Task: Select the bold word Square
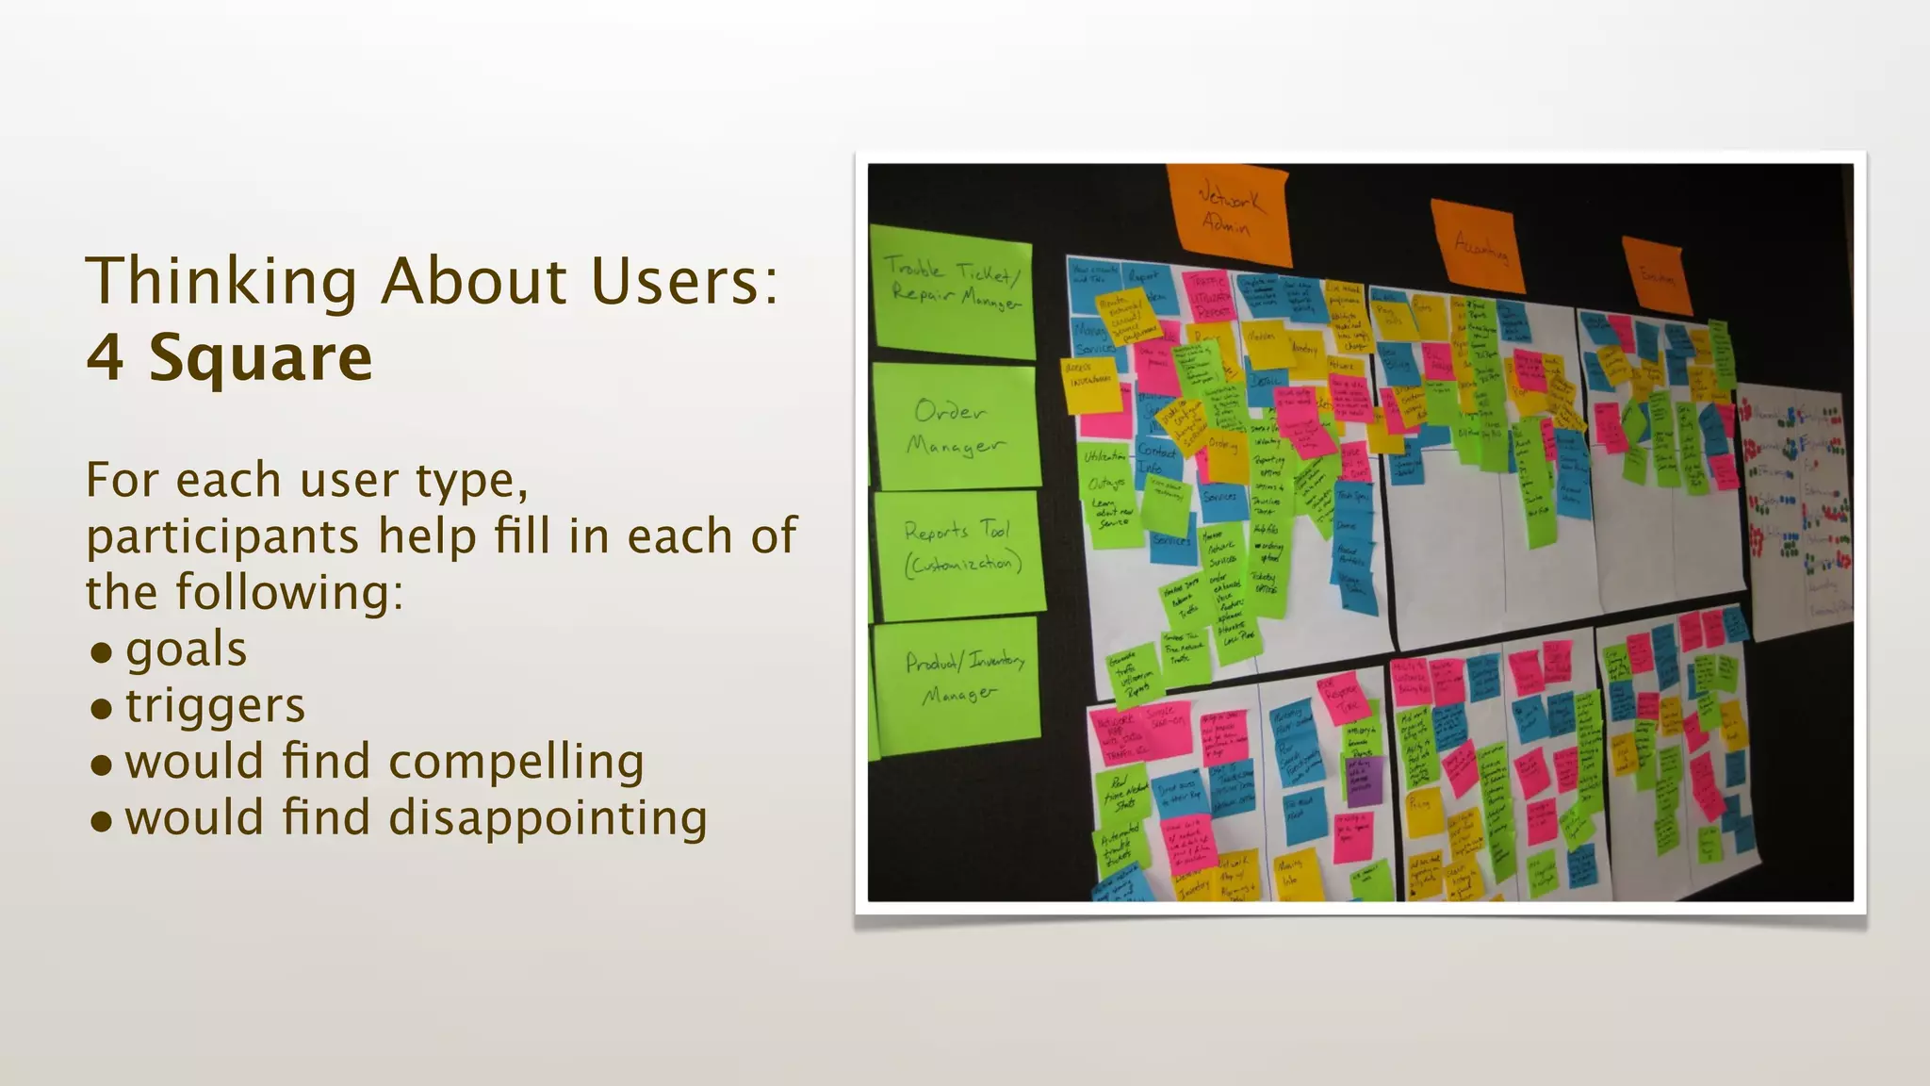260,357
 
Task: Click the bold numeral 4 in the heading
105,357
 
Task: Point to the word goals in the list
186,650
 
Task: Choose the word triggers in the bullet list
215,706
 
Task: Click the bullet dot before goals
101,652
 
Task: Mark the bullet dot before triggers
101,709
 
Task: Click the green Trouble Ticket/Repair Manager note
953,288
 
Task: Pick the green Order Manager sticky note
956,427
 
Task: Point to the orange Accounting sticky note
1476,243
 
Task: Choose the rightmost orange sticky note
1657,274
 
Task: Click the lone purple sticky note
1364,782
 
